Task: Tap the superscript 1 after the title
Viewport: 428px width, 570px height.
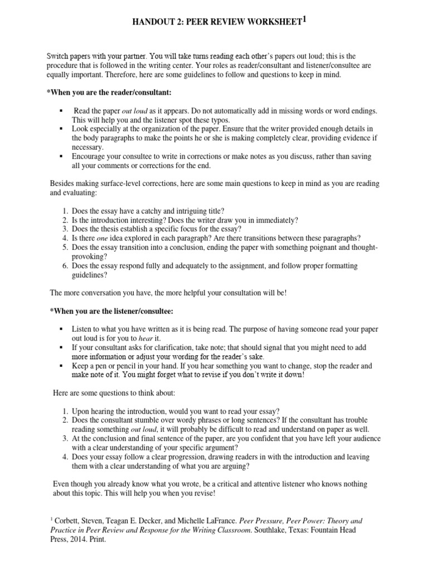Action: [x=304, y=19]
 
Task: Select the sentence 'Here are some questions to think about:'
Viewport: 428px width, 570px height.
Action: [x=114, y=393]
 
